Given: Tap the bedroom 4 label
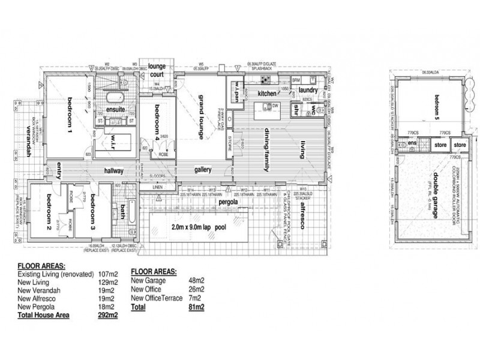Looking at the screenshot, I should [x=157, y=119].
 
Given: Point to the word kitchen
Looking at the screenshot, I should [x=266, y=94].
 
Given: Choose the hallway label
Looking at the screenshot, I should [x=113, y=171].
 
